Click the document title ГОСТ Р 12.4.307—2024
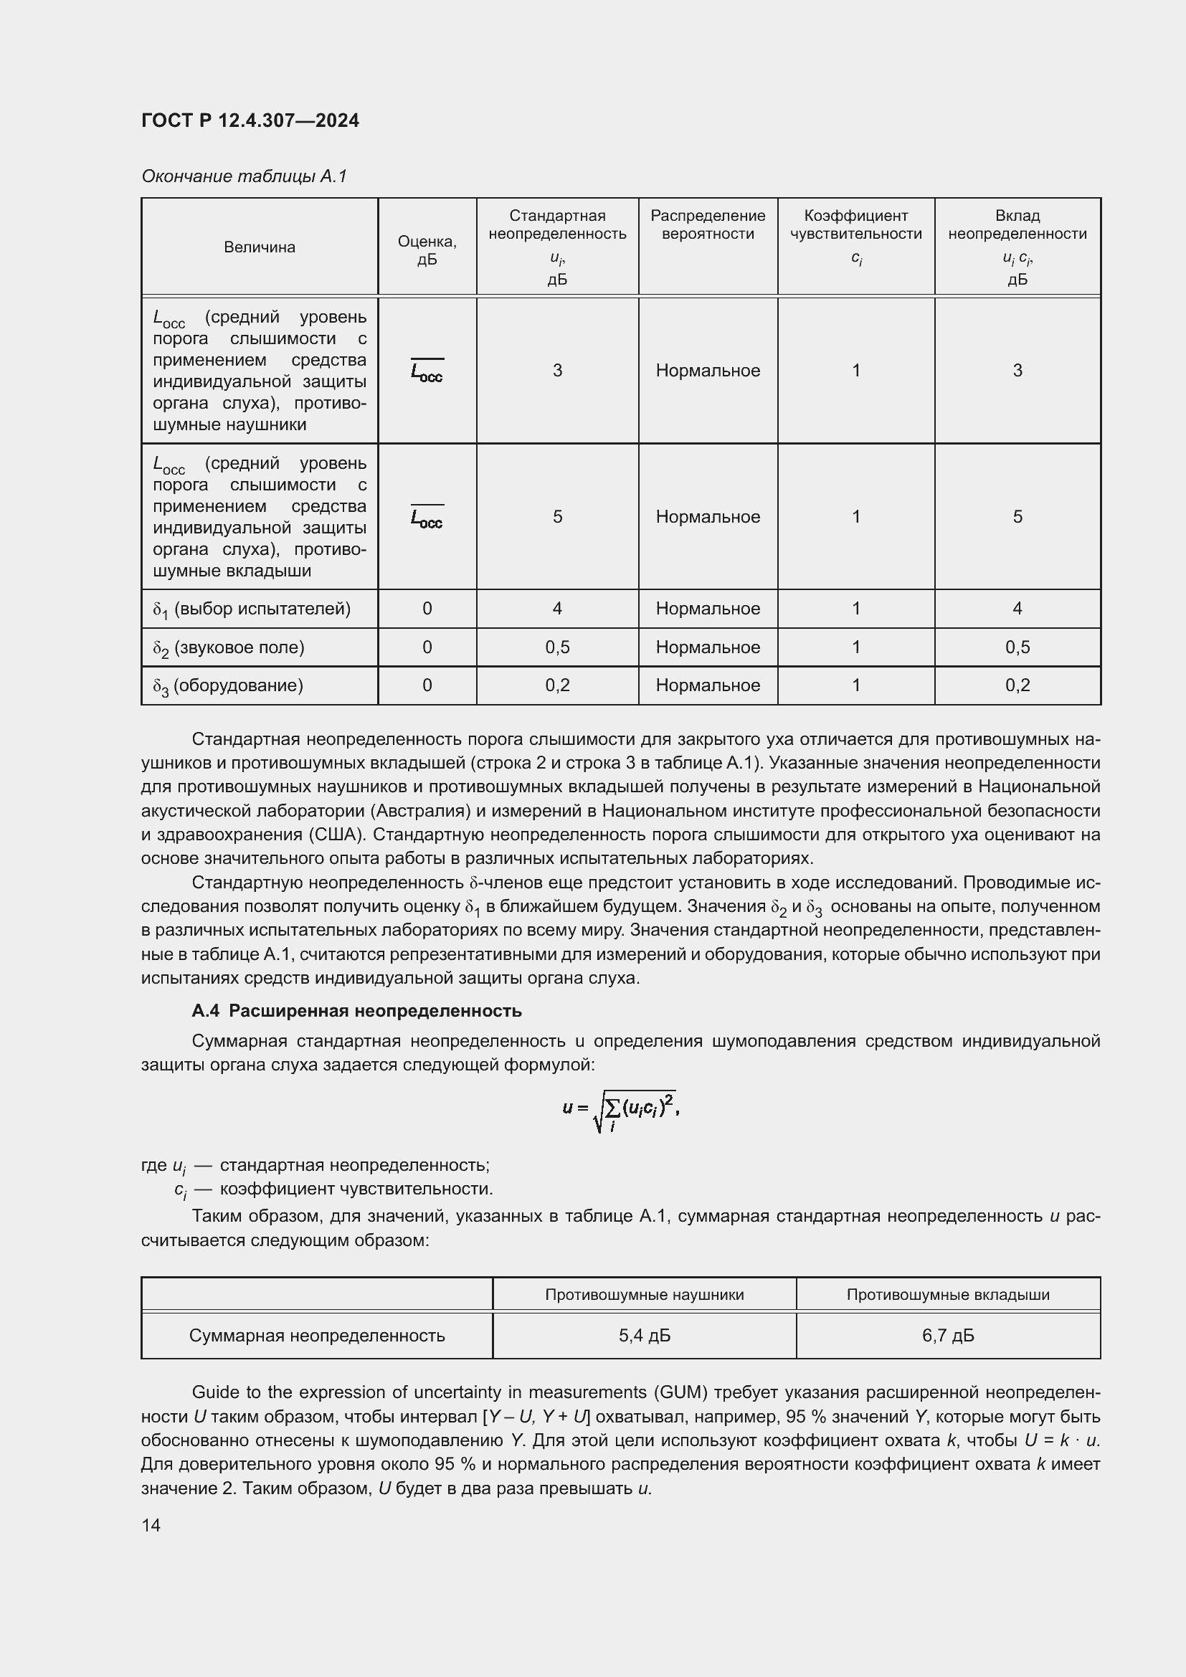coord(250,120)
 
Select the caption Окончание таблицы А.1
coord(244,176)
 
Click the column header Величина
coord(260,247)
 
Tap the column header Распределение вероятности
coord(707,225)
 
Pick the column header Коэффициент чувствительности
coord(855,225)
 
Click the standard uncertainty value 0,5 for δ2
coord(557,647)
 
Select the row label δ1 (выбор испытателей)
coord(252,609)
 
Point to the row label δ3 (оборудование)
coord(228,686)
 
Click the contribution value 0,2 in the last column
coord(1017,685)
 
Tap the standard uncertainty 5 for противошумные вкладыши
coord(557,517)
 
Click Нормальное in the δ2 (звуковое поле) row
coord(707,647)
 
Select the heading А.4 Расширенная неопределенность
coord(356,1011)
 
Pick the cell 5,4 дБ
coord(644,1336)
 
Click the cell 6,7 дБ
coord(947,1336)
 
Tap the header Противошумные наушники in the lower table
coord(644,1295)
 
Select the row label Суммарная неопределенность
coord(317,1336)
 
